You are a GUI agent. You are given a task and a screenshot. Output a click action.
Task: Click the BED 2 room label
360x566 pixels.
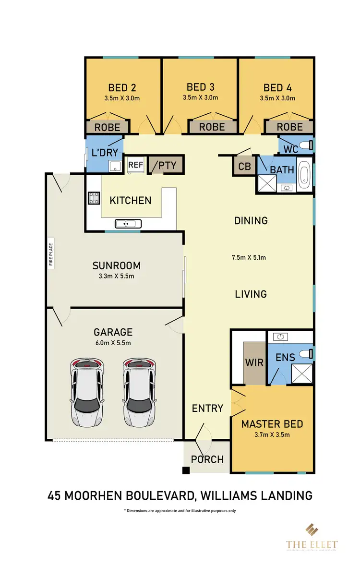121,88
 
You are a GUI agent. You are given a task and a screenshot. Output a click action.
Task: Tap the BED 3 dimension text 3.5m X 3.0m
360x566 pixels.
200,97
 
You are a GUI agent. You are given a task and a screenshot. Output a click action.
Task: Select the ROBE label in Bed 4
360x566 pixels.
289,127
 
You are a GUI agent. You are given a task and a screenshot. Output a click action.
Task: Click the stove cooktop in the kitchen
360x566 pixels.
93,198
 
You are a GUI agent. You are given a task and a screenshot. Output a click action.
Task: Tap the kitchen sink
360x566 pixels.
127,223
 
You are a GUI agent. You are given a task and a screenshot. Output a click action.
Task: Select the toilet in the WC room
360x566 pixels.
307,144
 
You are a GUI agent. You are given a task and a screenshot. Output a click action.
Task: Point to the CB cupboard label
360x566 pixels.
244,167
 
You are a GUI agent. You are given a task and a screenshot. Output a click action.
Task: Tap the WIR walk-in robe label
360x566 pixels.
254,362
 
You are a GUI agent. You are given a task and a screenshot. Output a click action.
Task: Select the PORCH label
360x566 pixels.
207,459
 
